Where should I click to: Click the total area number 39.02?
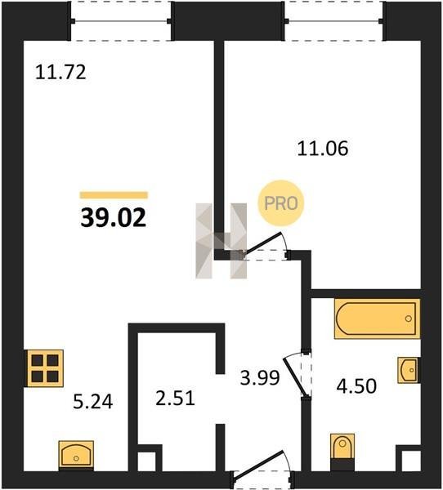[114, 218]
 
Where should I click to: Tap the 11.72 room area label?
[60, 72]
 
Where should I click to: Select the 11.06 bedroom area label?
[323, 149]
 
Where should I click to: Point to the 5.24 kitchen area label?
[92, 402]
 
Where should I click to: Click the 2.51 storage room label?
[175, 399]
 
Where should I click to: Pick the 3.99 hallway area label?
[260, 377]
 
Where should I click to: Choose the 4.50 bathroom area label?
[356, 386]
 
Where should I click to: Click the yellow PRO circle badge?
[281, 203]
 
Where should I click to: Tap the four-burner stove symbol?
[45, 368]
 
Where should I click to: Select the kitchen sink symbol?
[76, 456]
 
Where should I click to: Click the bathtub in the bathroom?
[377, 318]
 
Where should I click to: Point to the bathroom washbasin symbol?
[409, 370]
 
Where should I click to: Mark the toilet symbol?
[342, 452]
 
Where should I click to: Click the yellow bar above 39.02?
[114, 195]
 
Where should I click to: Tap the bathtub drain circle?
[409, 318]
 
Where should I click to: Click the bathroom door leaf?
[294, 377]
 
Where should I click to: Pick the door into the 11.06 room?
[262, 243]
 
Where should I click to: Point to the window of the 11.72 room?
[121, 21]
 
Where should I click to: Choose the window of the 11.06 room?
[334, 21]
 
